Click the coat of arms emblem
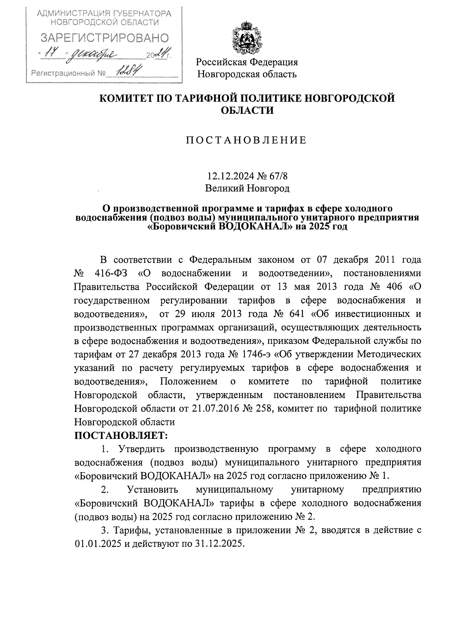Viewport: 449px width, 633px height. (x=247, y=39)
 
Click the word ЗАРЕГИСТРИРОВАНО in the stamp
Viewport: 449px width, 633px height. (x=104, y=38)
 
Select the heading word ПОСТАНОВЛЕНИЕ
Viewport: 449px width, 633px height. (x=246, y=140)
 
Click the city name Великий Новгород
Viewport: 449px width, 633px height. (x=247, y=188)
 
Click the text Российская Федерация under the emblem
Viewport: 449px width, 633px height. (x=247, y=62)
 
